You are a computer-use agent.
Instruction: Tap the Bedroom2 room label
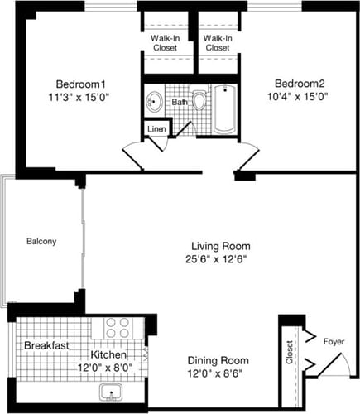[300, 84]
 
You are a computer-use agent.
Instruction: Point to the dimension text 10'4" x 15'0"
[300, 98]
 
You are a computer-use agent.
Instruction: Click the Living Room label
[220, 246]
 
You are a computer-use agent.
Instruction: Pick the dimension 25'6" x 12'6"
[220, 259]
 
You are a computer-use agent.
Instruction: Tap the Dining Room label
[218, 360]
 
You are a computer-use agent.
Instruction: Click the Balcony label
[41, 242]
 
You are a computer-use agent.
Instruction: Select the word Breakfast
[46, 345]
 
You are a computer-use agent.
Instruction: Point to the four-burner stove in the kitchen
[118, 327]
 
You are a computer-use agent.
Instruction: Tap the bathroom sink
[154, 103]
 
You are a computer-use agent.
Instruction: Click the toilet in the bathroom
[199, 101]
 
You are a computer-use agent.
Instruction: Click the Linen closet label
[156, 128]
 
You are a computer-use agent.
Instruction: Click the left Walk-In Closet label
[166, 43]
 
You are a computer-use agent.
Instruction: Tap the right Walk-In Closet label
[218, 43]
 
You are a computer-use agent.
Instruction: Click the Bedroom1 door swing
[134, 152]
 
